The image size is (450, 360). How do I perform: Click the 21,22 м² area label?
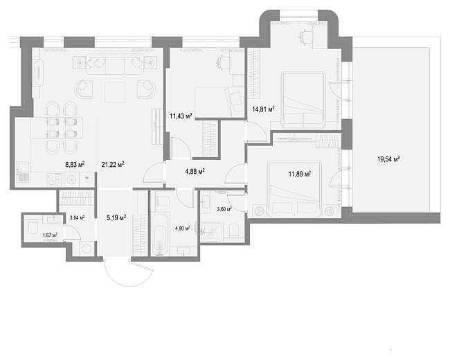[x=113, y=164]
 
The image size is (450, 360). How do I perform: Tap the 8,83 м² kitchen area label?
[x=75, y=164]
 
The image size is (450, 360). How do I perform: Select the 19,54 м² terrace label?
[x=388, y=159]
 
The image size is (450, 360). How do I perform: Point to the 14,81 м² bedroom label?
[x=263, y=109]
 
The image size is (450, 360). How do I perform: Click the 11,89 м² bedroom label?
[x=300, y=174]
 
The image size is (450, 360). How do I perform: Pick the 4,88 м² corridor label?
[x=195, y=172]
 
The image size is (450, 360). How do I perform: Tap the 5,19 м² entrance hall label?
[x=116, y=218]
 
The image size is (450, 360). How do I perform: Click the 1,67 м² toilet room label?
[x=50, y=235]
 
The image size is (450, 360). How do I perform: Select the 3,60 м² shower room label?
[x=224, y=209]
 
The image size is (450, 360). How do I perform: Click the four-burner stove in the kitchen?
[x=55, y=180]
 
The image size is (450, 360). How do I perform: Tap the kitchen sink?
[x=23, y=172]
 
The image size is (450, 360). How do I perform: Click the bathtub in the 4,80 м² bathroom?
[x=159, y=234]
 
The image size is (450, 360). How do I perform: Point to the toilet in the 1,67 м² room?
[x=32, y=227]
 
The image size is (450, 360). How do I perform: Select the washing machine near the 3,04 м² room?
[x=87, y=249]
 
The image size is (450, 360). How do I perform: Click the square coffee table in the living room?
[x=115, y=92]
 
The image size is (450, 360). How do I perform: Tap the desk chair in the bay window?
[x=306, y=37]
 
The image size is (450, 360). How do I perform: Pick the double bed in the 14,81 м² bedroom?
[x=303, y=100]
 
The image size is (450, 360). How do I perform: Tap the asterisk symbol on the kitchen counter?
[x=87, y=179]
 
